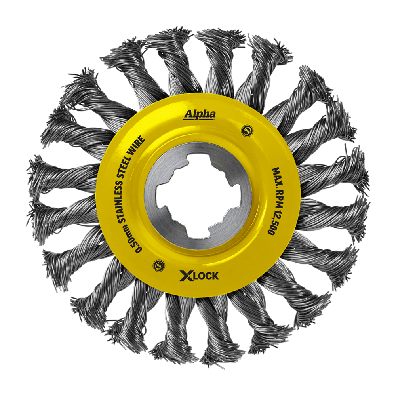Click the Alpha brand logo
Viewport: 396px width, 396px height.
coord(200,114)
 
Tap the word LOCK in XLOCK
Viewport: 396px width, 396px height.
coord(206,276)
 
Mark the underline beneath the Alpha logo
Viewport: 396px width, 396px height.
coord(200,119)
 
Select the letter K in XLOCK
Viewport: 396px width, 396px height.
coord(215,276)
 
